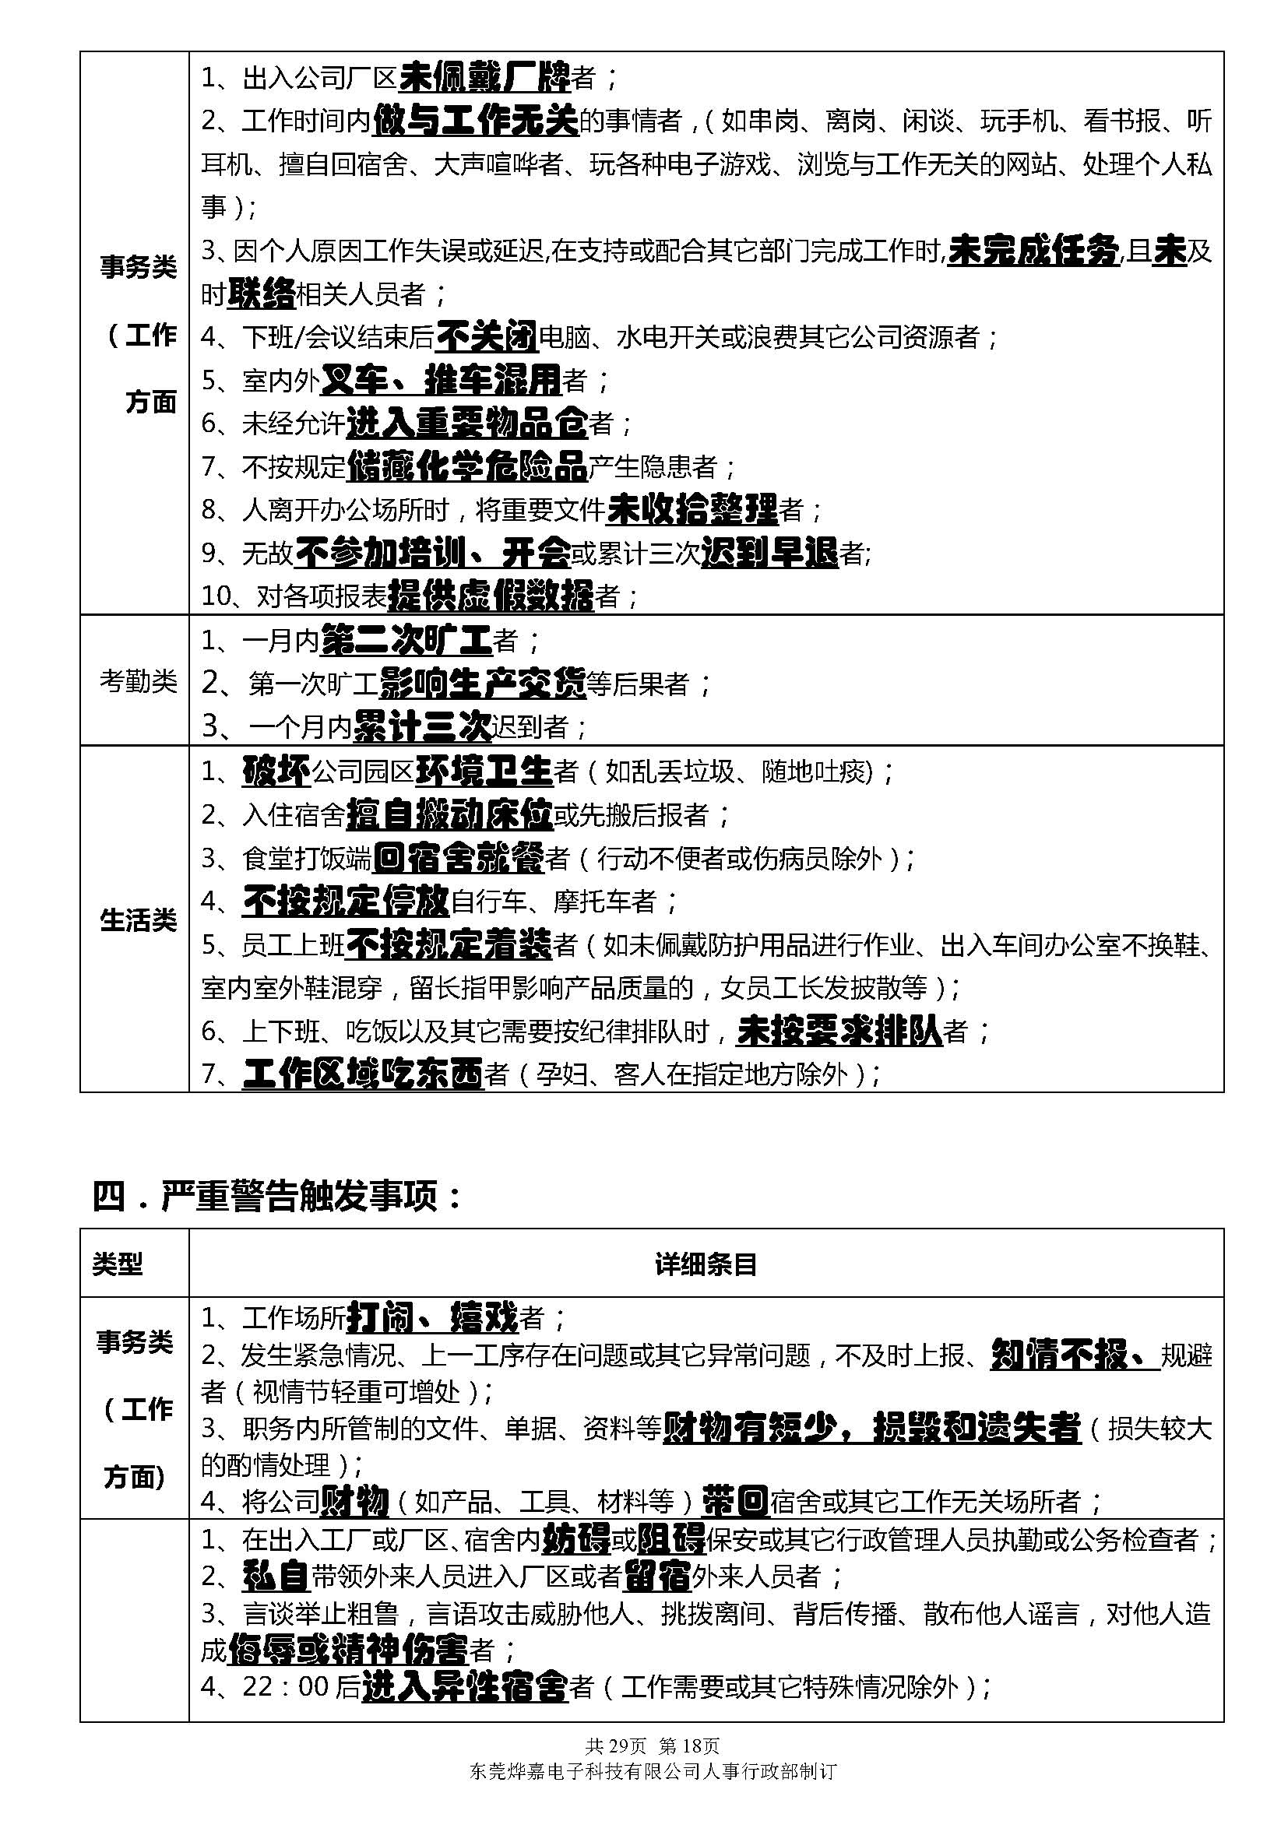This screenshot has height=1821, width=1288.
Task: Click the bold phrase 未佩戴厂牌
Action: pyautogui.click(x=484, y=78)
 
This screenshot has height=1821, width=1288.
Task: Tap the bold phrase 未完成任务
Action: pyautogui.click(x=1033, y=251)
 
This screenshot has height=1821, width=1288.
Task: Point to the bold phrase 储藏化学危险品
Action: pyautogui.click(x=466, y=466)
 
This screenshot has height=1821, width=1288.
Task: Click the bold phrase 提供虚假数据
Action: pyautogui.click(x=491, y=596)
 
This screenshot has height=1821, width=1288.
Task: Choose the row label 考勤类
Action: pyautogui.click(x=138, y=680)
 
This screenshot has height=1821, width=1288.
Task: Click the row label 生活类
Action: pyautogui.click(x=138, y=921)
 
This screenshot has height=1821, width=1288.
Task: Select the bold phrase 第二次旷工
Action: pyautogui.click(x=406, y=640)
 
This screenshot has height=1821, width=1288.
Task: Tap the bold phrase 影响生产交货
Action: pyautogui.click(x=482, y=684)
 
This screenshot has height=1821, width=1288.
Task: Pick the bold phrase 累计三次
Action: pyautogui.click(x=422, y=726)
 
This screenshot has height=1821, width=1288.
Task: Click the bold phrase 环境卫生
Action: pyautogui.click(x=484, y=771)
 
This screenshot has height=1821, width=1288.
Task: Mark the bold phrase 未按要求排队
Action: pyautogui.click(x=840, y=1031)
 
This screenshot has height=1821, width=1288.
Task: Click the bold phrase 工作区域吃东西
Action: pyautogui.click(x=363, y=1074)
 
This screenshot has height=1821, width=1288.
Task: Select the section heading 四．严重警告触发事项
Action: pyautogui.click(x=277, y=1196)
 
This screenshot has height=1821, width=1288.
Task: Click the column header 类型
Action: pyautogui.click(x=118, y=1264)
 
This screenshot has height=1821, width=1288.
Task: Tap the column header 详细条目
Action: pyautogui.click(x=706, y=1264)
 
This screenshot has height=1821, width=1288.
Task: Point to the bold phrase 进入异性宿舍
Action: pyautogui.click(x=465, y=1686)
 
